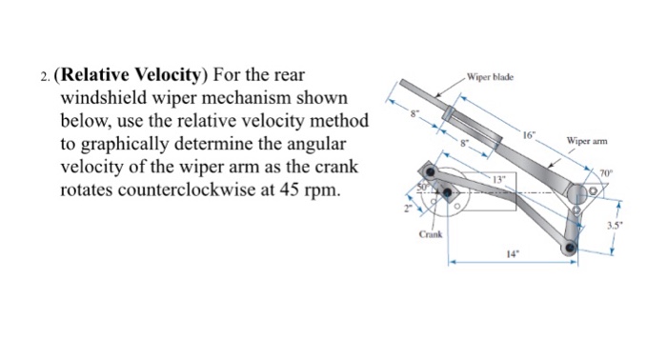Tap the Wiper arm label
point(586,142)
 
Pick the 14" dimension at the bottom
point(512,255)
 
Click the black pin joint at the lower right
point(570,249)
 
